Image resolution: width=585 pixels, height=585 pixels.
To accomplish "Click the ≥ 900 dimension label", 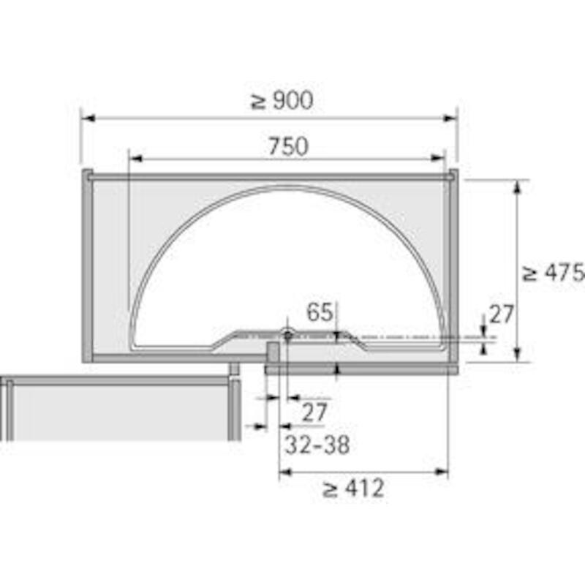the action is [282, 101].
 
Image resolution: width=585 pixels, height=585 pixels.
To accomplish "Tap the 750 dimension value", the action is [288, 146].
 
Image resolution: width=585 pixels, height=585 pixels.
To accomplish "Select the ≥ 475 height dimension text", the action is [554, 272].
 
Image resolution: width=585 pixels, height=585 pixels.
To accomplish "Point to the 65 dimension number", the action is [320, 312].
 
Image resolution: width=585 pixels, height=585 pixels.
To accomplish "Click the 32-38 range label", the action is [317, 445].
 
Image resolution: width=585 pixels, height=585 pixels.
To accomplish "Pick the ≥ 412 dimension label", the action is [353, 488].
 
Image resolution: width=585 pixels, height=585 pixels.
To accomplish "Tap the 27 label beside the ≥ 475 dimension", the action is [502, 314].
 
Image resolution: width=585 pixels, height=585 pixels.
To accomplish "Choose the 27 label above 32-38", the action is [314, 412].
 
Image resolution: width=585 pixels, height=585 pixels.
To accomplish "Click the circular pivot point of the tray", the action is [287, 335].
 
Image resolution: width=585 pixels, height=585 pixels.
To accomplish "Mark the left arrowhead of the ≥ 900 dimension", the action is [88, 118].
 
